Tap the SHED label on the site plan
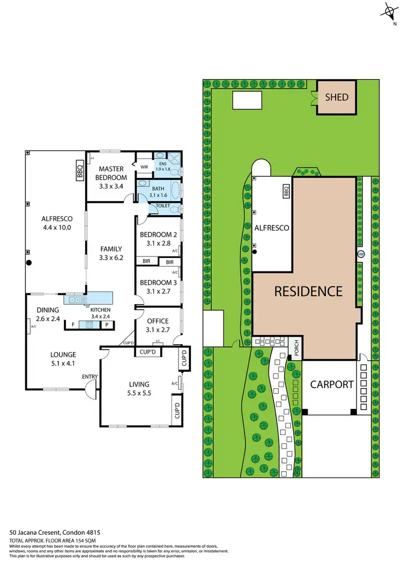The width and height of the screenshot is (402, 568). pyautogui.click(x=337, y=97)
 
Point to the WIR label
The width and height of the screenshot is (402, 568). pyautogui.click(x=144, y=167)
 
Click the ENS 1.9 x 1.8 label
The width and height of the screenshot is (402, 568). pyautogui.click(x=163, y=166)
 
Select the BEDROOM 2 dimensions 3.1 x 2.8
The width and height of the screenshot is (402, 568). pyautogui.click(x=158, y=244)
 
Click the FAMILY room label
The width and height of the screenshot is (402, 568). pyautogui.click(x=111, y=253)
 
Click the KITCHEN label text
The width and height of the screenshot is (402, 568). pyautogui.click(x=100, y=310)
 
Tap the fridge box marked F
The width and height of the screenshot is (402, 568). pyautogui.click(x=72, y=324)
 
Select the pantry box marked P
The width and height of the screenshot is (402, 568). pyautogui.click(x=107, y=324)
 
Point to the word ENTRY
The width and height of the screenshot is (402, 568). pyautogui.click(x=90, y=377)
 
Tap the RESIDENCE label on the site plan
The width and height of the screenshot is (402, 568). pyautogui.click(x=308, y=292)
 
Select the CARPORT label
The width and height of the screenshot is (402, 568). pyautogui.click(x=332, y=384)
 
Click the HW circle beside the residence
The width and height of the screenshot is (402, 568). pyautogui.click(x=361, y=254)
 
